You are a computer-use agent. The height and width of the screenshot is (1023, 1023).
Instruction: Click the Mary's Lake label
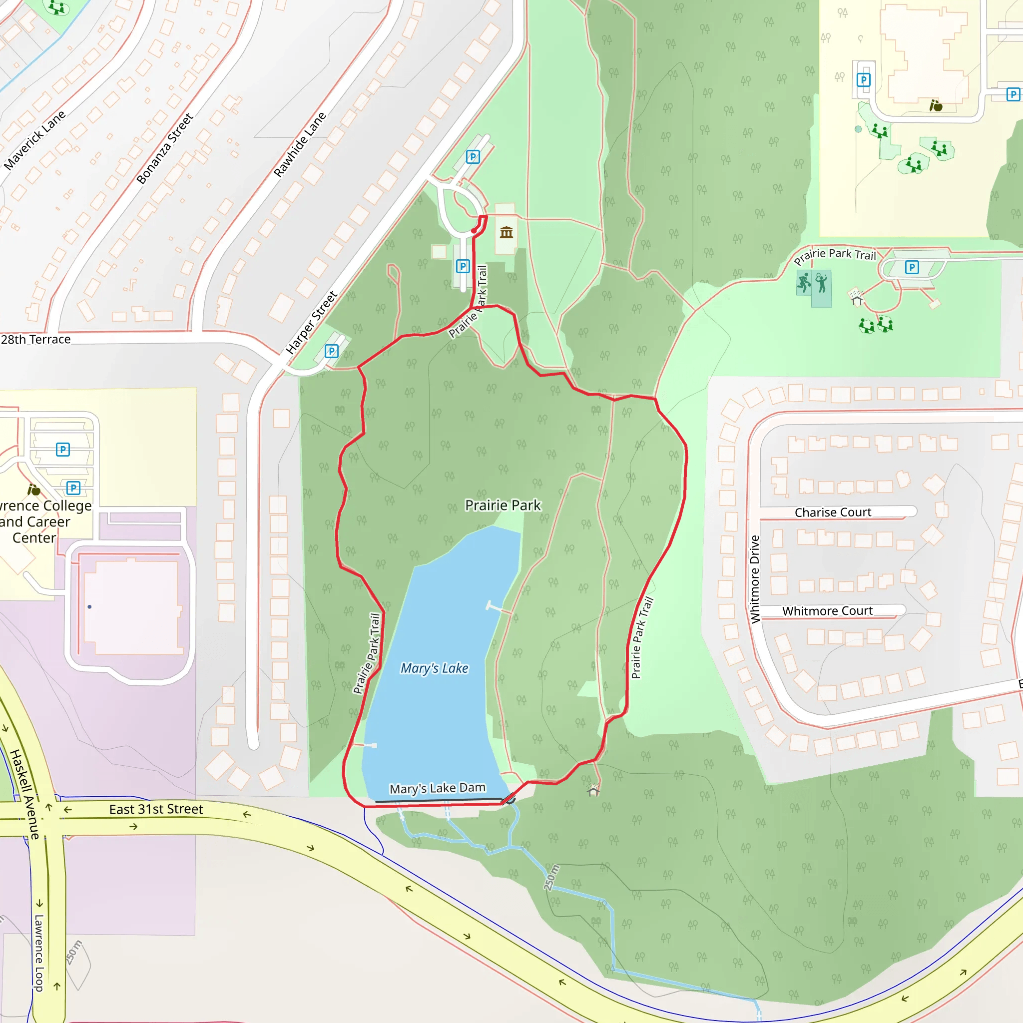434,668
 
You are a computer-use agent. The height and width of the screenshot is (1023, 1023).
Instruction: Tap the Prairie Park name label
503,505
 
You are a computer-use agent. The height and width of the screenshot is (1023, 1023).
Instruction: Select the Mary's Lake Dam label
438,788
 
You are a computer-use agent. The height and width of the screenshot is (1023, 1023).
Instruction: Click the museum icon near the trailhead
506,232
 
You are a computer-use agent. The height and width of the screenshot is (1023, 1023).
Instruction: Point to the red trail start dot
474,231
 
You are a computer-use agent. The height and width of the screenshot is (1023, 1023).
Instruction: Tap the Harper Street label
311,323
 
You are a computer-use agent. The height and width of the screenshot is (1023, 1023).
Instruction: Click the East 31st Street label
156,809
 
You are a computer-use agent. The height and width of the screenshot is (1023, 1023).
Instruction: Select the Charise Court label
832,512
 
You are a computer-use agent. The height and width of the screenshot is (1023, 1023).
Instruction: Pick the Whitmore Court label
827,611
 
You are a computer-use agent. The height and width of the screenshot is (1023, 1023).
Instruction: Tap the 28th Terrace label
35,339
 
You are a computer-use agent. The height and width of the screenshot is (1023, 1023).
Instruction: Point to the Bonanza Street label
165,149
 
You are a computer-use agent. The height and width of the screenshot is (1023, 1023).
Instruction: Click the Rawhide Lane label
300,144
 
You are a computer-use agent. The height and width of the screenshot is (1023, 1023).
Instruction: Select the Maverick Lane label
35,140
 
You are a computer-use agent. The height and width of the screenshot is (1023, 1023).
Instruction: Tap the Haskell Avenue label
24,794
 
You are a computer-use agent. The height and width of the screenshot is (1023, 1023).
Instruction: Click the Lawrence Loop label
38,953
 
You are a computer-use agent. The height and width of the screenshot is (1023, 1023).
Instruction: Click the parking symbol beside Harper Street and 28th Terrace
332,351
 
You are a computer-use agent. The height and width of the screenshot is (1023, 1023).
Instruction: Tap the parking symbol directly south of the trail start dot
463,266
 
